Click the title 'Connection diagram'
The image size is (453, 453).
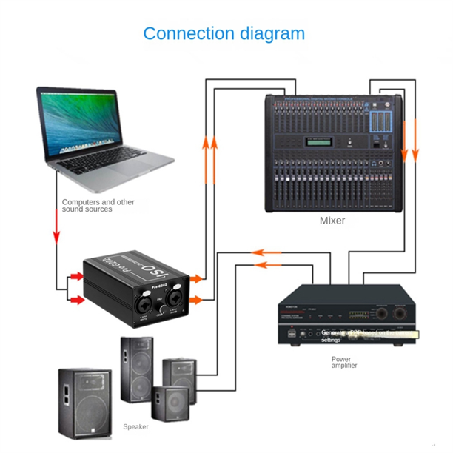click(x=224, y=33)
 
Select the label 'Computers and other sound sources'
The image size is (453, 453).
click(x=98, y=206)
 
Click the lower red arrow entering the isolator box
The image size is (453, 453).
click(x=73, y=300)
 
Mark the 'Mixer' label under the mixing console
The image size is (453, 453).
click(x=332, y=221)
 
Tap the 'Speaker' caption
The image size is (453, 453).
click(x=135, y=427)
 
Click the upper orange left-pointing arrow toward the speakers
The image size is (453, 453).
click(x=266, y=252)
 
